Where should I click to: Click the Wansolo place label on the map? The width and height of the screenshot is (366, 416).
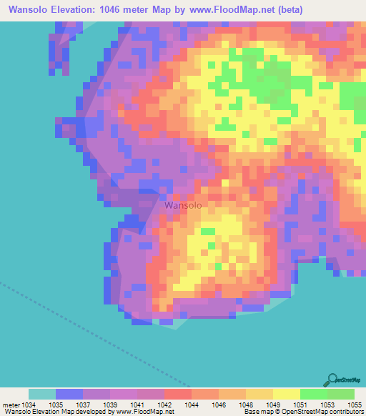point(183,205)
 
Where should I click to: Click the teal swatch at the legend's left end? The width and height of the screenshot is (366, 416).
point(41,394)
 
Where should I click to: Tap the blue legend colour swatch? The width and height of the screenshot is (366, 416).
point(69,394)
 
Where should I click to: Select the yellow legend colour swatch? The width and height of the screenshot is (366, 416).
point(286,394)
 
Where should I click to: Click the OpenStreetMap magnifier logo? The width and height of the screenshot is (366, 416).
point(331,380)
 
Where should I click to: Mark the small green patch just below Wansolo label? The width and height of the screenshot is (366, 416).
point(207,232)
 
